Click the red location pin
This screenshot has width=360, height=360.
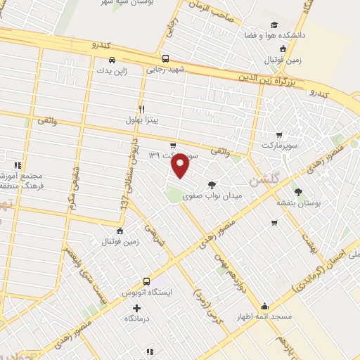pyautogui.click(x=181, y=166)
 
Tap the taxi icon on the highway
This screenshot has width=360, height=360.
pyautogui.click(x=111, y=58)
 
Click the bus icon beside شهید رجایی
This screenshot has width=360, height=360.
pyautogui.click(x=165, y=59)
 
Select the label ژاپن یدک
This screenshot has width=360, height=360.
pyautogui.click(x=113, y=71)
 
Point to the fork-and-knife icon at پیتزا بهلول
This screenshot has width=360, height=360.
pyautogui.click(x=141, y=109)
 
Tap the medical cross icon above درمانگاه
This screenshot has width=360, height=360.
pyautogui.click(x=136, y=308)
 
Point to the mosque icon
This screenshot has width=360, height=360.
pyautogui.click(x=264, y=307)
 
